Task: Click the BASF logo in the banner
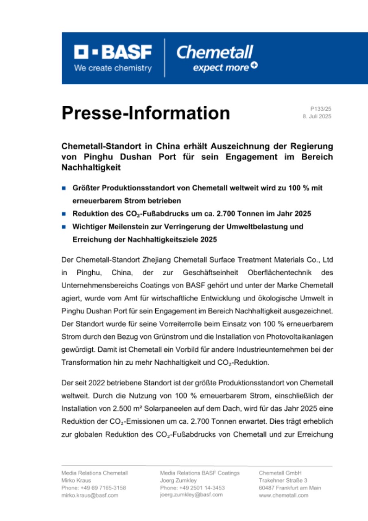[113, 53]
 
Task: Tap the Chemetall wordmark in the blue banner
[215, 52]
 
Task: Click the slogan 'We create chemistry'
[113, 68]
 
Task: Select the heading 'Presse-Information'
[146, 113]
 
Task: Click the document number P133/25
[321, 109]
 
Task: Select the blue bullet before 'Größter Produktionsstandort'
[64, 188]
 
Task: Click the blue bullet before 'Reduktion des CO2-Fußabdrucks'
[64, 213]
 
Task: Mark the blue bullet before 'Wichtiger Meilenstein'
[64, 226]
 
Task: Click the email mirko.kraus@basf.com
[90, 495]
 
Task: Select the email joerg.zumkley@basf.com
[192, 495]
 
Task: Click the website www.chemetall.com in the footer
[283, 495]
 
